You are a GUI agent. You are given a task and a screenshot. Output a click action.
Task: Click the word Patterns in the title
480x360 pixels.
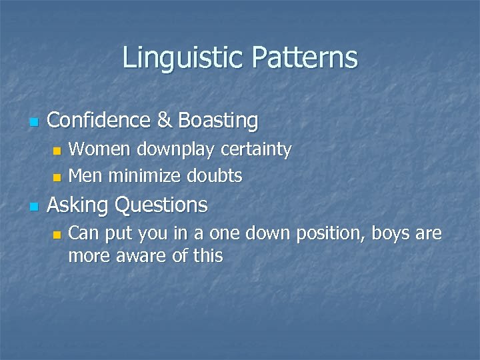click(x=305, y=58)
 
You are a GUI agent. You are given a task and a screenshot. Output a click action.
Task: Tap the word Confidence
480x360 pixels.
click(x=100, y=121)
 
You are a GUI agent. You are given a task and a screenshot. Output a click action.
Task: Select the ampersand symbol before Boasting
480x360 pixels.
click(x=164, y=121)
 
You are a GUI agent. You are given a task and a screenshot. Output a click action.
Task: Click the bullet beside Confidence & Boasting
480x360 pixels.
click(x=34, y=122)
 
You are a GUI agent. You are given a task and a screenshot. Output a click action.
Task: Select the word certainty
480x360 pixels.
click(x=253, y=151)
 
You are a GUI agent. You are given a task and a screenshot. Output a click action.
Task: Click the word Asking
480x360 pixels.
click(x=78, y=205)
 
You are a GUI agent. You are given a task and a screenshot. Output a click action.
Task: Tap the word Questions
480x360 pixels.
click(x=161, y=205)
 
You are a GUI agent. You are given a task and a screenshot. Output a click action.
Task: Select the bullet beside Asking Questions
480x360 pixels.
click(x=34, y=206)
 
